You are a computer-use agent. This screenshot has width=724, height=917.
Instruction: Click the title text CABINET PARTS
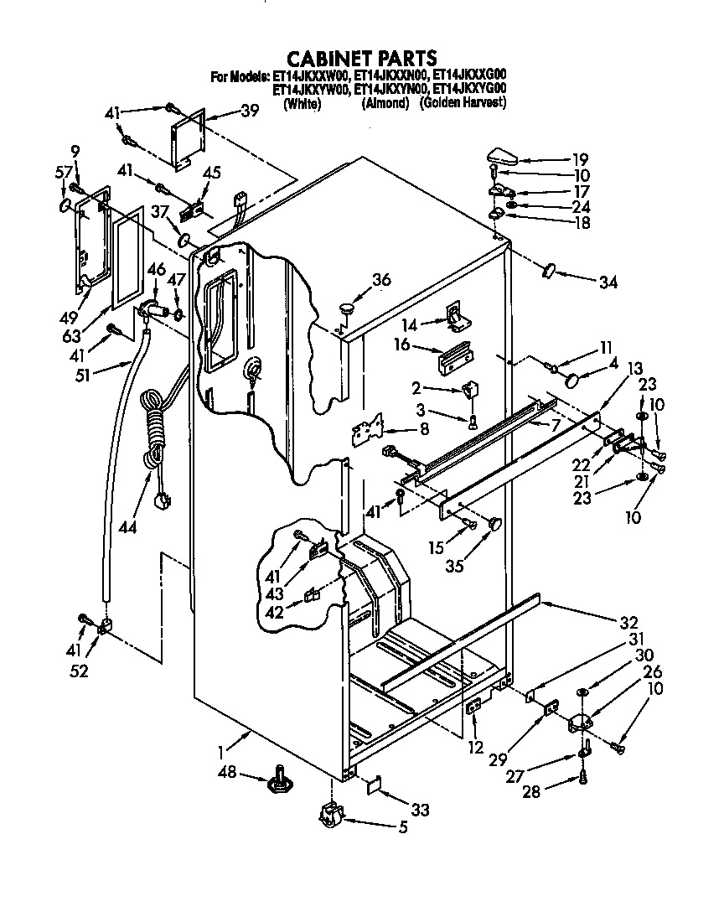coord(362,58)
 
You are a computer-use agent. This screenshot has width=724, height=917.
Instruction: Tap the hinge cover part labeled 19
coord(504,155)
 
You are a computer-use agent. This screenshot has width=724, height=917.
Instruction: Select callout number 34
coord(608,282)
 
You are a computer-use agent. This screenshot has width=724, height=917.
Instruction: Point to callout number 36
coord(381,280)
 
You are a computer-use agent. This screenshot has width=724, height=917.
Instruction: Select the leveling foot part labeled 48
coord(278,783)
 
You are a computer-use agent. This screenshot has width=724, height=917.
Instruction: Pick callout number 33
coord(419,810)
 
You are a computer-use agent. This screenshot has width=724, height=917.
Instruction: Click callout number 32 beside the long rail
coord(628,623)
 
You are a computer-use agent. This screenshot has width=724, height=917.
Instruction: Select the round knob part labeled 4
coord(573,380)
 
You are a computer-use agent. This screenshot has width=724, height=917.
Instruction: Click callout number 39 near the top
coord(226,111)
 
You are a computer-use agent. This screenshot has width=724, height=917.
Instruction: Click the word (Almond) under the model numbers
coord(385,104)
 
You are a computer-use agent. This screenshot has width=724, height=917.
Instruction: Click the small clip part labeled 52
coord(106,626)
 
